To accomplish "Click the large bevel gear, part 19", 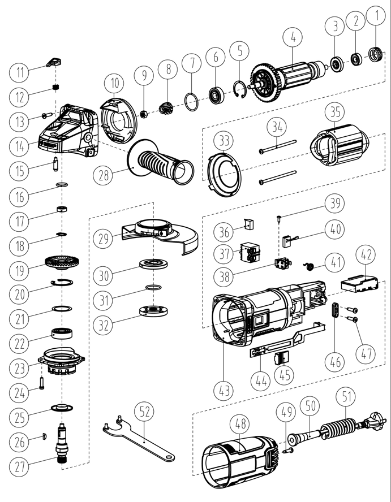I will tap(61, 263).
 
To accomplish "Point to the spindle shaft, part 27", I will tap(62, 445).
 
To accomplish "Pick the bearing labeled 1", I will tap(374, 55).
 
